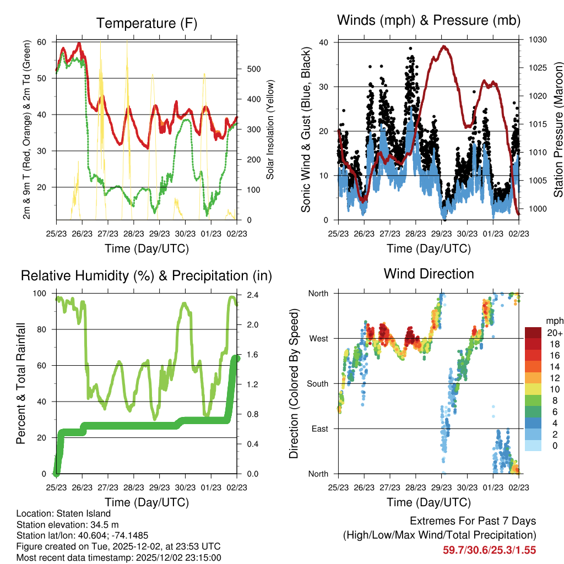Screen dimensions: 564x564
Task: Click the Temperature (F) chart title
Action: [x=147, y=23]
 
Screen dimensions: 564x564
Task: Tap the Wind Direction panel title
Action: [x=429, y=274]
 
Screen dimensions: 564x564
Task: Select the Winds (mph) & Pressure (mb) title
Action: [x=429, y=21]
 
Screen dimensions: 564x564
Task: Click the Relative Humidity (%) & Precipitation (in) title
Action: [x=147, y=275]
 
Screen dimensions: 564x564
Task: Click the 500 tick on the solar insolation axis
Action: [x=253, y=69]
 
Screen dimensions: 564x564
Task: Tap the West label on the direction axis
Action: [x=318, y=339]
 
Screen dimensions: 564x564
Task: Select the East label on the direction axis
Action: [x=319, y=429]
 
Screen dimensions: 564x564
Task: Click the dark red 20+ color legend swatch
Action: [x=533, y=333]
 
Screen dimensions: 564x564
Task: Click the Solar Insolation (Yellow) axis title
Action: [x=270, y=130]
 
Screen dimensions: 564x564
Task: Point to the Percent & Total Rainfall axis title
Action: [x=21, y=384]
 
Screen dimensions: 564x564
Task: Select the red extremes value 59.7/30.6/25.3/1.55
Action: [x=489, y=550]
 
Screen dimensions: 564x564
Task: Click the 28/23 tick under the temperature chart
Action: [x=133, y=233]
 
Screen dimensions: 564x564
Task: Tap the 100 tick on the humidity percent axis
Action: [x=41, y=294]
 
